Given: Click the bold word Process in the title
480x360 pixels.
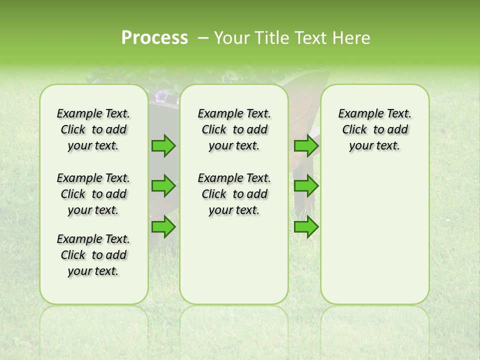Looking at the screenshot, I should pyautogui.click(x=154, y=38).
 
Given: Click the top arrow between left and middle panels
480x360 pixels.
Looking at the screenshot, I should pyautogui.click(x=163, y=146).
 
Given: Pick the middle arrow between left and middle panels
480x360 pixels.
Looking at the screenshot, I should pyautogui.click(x=163, y=186).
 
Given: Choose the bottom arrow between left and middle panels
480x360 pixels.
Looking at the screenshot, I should pyautogui.click(x=163, y=227).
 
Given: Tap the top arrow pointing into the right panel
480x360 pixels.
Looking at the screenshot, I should pyautogui.click(x=306, y=146).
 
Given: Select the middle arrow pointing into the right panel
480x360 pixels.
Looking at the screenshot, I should pyautogui.click(x=306, y=186).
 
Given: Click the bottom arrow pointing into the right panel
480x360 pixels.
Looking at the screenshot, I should pyautogui.click(x=306, y=227).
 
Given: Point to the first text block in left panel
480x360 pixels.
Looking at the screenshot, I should pyautogui.click(x=93, y=129).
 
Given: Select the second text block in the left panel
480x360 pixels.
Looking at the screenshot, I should pyautogui.click(x=93, y=194).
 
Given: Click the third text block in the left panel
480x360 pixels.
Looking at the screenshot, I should pyautogui.click(x=93, y=255).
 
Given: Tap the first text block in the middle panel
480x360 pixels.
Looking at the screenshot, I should pyautogui.click(x=234, y=129).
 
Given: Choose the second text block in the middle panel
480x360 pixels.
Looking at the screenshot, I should pyautogui.click(x=234, y=194).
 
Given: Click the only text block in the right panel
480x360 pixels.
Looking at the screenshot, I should pyautogui.click(x=374, y=129).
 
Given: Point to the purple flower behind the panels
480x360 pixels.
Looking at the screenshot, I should pyautogui.click(x=161, y=96).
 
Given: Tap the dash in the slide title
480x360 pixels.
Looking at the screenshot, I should pyautogui.click(x=203, y=38).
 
